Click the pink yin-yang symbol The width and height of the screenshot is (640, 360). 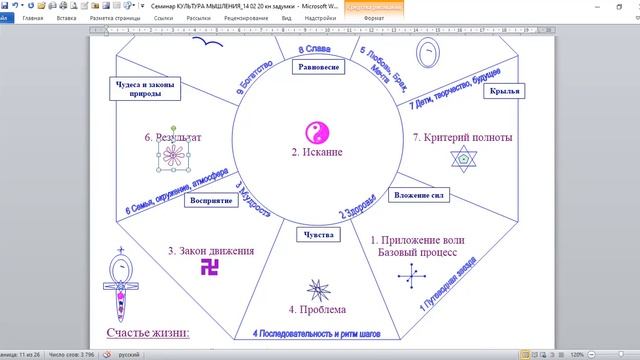pos(315,132)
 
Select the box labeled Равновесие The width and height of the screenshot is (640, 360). pos(319,67)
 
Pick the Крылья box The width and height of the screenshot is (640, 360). pos(502,116)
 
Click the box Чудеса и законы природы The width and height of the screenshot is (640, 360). pos(144,91)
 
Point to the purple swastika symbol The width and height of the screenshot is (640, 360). pos(211,266)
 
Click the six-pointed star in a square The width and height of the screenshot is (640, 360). pos(462,157)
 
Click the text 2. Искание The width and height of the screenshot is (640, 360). pos(316,152)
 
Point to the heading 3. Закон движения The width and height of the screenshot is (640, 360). pos(211,251)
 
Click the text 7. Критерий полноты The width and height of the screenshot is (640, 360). pos(462,136)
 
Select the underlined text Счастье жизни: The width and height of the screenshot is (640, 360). pos(147,332)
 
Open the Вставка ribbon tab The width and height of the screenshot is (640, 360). pos(67,18)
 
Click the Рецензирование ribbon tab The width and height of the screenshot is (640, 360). pos(245,18)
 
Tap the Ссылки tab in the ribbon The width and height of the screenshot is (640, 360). pos(165,18)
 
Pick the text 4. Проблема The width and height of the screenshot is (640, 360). pos(318,310)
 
